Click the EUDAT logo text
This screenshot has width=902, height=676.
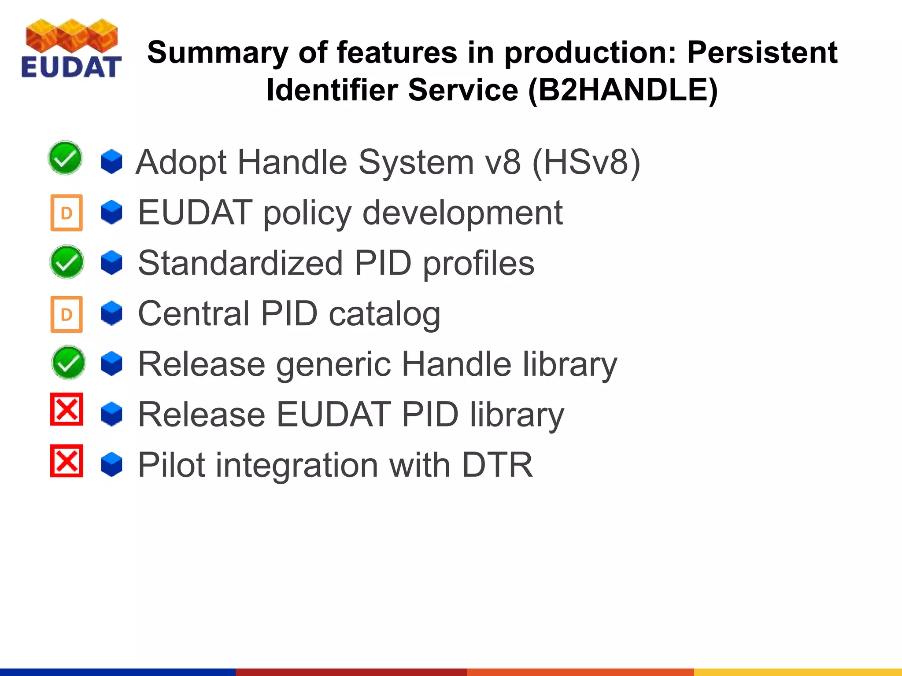[x=71, y=67]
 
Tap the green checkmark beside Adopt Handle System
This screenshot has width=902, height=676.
[x=65, y=158]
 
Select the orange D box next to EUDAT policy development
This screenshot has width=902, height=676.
[x=67, y=213]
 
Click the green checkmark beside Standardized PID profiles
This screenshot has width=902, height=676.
[x=67, y=262]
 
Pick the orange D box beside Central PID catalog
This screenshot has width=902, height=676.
[x=67, y=314]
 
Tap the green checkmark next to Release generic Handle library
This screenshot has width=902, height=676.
[x=68, y=363]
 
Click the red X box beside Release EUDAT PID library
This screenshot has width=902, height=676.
[x=67, y=409]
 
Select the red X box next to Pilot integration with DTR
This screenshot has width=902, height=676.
[x=67, y=461]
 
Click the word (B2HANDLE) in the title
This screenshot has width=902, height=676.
[x=623, y=90]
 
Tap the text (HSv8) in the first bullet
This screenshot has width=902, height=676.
[x=586, y=162]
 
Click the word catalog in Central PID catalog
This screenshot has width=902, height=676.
[x=384, y=314]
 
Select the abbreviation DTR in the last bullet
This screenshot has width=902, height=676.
[x=497, y=465]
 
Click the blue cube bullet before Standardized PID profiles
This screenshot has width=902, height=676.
[x=111, y=263]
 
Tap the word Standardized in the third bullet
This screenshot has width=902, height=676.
[x=240, y=263]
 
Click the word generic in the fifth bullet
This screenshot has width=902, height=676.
[x=333, y=364]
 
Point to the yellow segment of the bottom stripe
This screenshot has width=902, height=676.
[x=798, y=672]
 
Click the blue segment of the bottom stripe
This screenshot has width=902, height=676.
[x=118, y=672]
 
